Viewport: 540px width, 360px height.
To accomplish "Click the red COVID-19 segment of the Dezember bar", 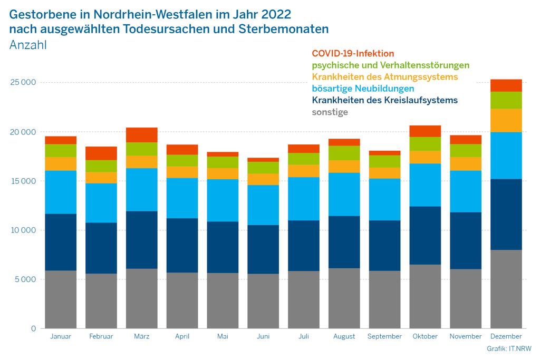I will [x=506, y=85].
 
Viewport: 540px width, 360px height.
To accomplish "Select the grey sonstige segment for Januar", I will [x=61, y=299].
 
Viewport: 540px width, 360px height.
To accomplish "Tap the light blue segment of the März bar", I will [x=141, y=190].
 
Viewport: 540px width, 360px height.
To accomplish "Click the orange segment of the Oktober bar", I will [x=425, y=157].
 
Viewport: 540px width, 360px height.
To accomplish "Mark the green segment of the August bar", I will [x=344, y=153].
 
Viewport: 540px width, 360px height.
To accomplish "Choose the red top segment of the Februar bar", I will [x=101, y=153].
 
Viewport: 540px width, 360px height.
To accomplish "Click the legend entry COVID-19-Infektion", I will [x=353, y=53].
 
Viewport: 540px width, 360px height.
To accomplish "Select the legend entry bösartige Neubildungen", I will [x=363, y=89].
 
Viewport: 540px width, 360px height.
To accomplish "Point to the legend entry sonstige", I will [x=330, y=112].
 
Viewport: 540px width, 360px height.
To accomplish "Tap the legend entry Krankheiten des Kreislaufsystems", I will [x=385, y=100].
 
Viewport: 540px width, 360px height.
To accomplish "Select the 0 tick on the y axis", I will [x=33, y=329].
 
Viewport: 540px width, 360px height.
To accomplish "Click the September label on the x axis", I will [x=384, y=336].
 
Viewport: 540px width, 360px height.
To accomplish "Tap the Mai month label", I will [x=223, y=336].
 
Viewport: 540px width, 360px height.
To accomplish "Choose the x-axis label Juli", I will [x=304, y=336].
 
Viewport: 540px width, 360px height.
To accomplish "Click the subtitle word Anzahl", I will [x=28, y=45].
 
